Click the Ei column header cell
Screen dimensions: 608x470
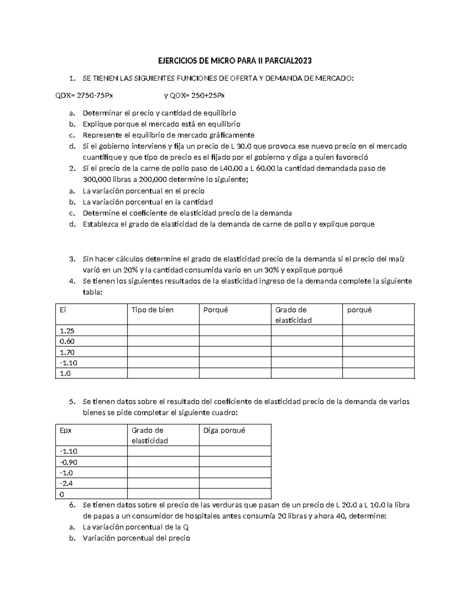pyautogui.click(x=92, y=314)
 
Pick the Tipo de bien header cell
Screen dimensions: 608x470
pyautogui.click(x=163, y=314)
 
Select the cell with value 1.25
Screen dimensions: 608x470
pyautogui.click(x=92, y=331)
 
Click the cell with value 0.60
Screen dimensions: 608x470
pyautogui.click(x=92, y=341)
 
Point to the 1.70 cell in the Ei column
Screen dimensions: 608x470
pyautogui.click(x=92, y=352)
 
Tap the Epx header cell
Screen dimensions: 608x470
pyautogui.click(x=92, y=435)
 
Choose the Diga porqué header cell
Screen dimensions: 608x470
pyautogui.click(x=235, y=435)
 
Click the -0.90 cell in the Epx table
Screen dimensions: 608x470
pyautogui.click(x=92, y=462)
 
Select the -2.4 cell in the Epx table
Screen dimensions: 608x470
pyautogui.click(x=92, y=484)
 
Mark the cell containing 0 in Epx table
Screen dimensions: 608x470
pyautogui.click(x=92, y=494)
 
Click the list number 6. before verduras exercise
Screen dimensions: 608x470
pyautogui.click(x=72, y=505)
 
